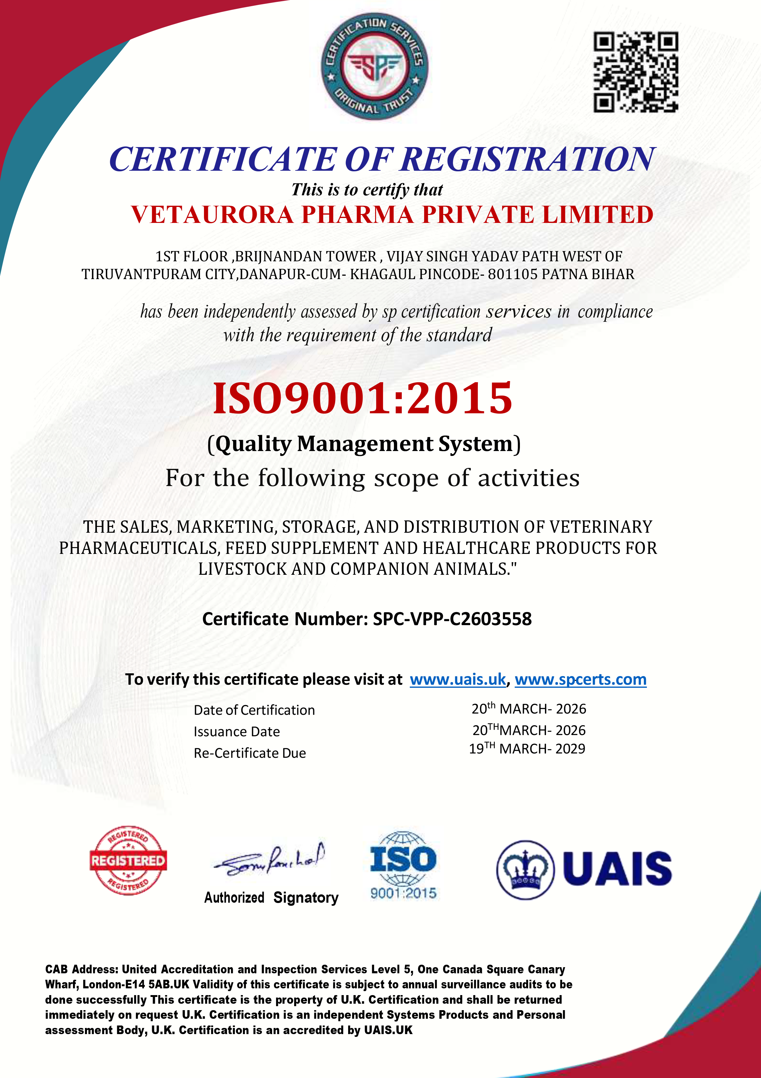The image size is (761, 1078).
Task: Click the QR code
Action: click(636, 72)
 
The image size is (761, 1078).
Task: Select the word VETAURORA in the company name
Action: click(212, 215)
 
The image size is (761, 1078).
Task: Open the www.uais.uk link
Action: click(457, 679)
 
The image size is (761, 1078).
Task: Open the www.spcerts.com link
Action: click(580, 679)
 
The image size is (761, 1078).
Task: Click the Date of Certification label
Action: click(254, 710)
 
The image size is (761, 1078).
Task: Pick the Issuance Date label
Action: click(236, 731)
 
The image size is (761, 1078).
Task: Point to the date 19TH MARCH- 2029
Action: click(527, 749)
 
